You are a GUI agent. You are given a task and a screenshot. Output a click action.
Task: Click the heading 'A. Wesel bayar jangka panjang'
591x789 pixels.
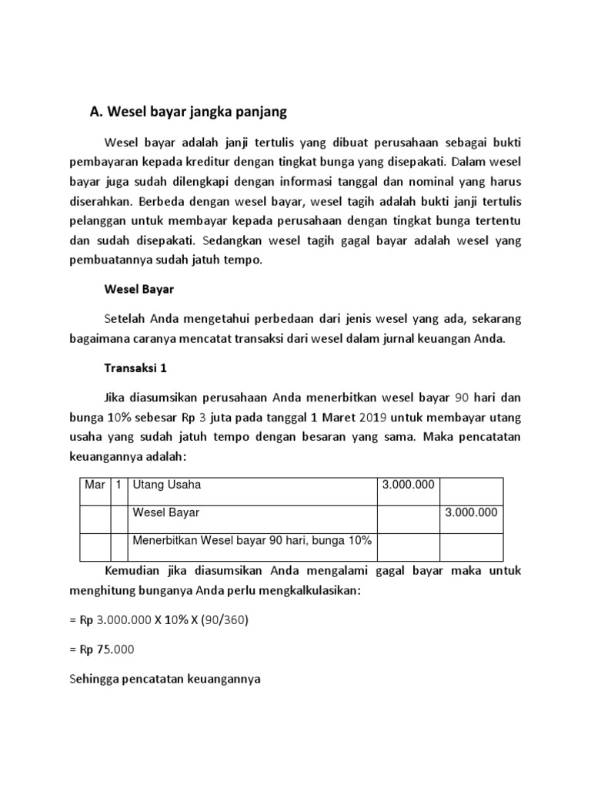click(x=188, y=112)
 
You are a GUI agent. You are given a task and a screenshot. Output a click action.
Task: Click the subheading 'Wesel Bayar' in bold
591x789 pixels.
click(x=139, y=291)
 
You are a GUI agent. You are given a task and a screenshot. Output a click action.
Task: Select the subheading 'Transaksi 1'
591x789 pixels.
click(x=135, y=368)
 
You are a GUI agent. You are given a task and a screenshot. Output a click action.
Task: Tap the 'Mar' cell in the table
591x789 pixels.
click(x=94, y=485)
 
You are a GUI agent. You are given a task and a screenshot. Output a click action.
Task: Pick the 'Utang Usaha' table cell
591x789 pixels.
click(x=167, y=485)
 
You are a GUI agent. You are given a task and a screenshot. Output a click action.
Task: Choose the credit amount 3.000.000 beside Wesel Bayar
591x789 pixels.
click(x=472, y=512)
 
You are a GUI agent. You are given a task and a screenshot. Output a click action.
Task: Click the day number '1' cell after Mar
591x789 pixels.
click(x=119, y=485)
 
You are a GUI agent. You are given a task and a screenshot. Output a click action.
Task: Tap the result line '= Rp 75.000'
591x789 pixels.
click(x=102, y=649)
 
